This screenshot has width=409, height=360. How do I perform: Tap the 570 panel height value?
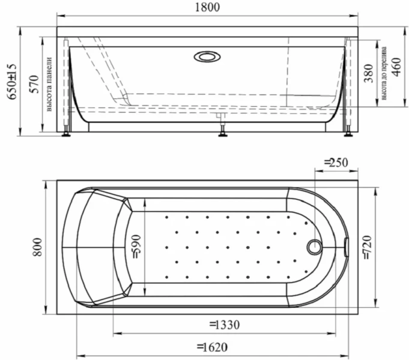[34, 85]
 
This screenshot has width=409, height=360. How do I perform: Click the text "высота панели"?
[49, 84]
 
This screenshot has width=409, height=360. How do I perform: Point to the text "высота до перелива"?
[383, 73]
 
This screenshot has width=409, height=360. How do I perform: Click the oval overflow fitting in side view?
[207, 56]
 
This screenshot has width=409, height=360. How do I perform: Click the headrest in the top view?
[96, 247]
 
